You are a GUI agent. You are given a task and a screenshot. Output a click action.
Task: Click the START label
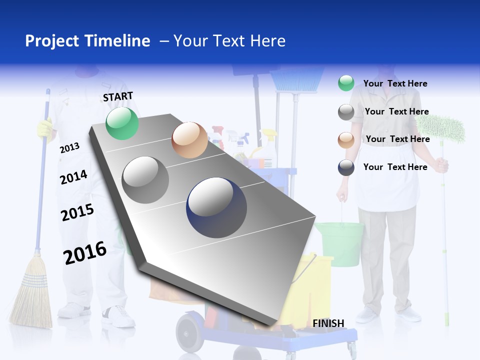click(x=118, y=96)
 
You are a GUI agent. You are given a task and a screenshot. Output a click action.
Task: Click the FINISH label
click(x=328, y=323)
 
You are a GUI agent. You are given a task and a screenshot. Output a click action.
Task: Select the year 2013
click(x=69, y=148)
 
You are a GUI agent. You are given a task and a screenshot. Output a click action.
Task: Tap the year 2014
click(x=73, y=177)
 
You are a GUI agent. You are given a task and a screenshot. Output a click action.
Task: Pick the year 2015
click(x=77, y=212)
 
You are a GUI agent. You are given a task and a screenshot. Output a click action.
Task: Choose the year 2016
click(x=85, y=252)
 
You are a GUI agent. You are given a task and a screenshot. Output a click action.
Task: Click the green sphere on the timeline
click(x=122, y=123)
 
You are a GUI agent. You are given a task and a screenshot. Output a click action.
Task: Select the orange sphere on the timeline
click(x=189, y=140)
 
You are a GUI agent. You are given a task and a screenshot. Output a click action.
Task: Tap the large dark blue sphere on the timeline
click(x=216, y=207)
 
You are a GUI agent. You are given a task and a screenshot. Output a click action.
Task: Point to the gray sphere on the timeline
click(x=145, y=179)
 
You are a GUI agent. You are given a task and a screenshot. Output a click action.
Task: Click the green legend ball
click(x=346, y=83)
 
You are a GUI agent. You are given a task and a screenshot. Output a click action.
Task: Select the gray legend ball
click(x=346, y=112)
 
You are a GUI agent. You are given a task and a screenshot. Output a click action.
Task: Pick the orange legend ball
click(x=346, y=139)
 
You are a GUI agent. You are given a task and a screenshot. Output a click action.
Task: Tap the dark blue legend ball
click(x=346, y=167)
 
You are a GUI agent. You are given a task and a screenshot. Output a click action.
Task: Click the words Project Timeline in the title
click(x=87, y=41)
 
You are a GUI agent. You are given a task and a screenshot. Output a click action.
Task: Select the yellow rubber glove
click(x=45, y=129)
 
